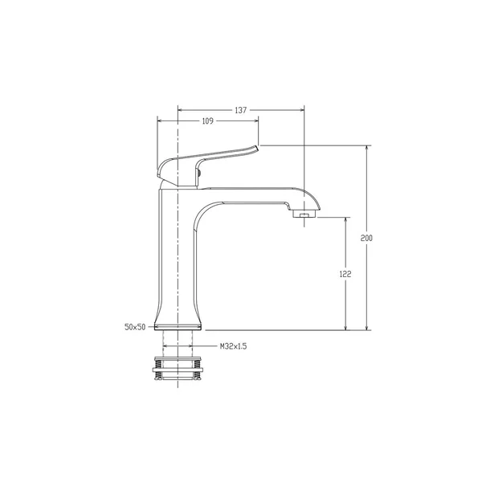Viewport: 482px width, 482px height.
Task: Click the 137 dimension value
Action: [241, 110]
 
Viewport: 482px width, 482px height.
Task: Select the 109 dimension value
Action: [207, 121]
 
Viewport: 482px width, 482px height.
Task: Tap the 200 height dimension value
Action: [366, 238]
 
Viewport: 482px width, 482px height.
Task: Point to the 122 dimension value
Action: [345, 274]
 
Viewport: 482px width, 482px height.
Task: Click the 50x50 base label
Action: [135, 327]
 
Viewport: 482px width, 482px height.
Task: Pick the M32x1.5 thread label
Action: [233, 346]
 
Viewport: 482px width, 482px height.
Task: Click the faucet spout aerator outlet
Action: [304, 214]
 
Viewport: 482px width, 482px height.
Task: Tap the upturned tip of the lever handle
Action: [255, 148]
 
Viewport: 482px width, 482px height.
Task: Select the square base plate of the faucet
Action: [178, 327]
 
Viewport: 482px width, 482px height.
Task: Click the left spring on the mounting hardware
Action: [158, 370]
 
